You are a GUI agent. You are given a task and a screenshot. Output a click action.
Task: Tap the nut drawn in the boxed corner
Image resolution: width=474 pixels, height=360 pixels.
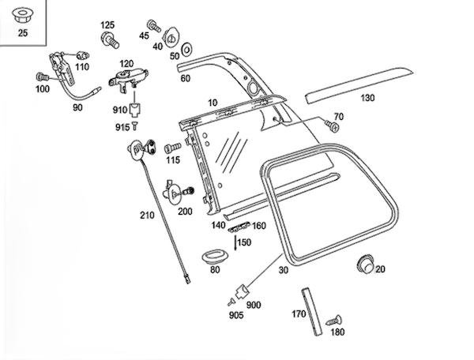(22, 14)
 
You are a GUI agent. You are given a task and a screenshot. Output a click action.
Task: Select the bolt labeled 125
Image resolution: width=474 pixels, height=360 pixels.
(110, 37)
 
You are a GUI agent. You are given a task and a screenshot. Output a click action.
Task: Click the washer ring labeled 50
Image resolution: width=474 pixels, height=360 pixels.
(186, 51)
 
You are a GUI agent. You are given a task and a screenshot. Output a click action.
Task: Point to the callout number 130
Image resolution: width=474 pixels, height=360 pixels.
(367, 99)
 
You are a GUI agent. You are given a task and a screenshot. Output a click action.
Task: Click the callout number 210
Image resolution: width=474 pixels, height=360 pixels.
(148, 215)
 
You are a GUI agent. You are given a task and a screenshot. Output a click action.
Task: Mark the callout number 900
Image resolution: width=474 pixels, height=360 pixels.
(254, 305)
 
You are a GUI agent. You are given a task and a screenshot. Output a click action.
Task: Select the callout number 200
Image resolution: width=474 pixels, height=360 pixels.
(185, 212)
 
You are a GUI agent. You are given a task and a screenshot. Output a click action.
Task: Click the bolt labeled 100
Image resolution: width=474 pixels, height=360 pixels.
(40, 77)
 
